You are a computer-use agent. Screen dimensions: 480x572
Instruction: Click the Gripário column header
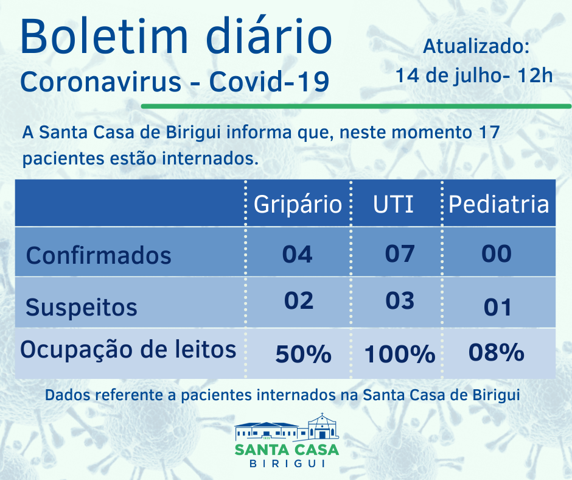click(x=298, y=205)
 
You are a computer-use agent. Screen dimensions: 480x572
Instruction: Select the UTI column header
click(x=393, y=205)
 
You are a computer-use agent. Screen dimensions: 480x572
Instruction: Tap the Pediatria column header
click(x=498, y=205)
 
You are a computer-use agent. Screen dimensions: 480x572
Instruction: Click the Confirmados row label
click(x=99, y=255)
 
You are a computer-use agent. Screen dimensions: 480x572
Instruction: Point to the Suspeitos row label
click(x=82, y=307)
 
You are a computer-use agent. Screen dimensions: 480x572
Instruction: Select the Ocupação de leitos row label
click(x=128, y=350)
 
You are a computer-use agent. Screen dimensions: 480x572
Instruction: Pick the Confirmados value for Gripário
click(x=297, y=253)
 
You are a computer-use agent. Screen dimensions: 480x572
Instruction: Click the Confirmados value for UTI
click(x=400, y=253)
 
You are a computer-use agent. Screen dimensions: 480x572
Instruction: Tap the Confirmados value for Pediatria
click(x=497, y=253)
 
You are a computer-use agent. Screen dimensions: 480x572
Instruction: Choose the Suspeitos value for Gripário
click(x=298, y=301)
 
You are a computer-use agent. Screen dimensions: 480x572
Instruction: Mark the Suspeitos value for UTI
click(x=400, y=301)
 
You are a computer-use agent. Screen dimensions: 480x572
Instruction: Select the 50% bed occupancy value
click(x=303, y=354)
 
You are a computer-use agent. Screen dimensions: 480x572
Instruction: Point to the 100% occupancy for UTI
click(x=400, y=354)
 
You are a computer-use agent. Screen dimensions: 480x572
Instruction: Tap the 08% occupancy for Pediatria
click(x=497, y=352)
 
